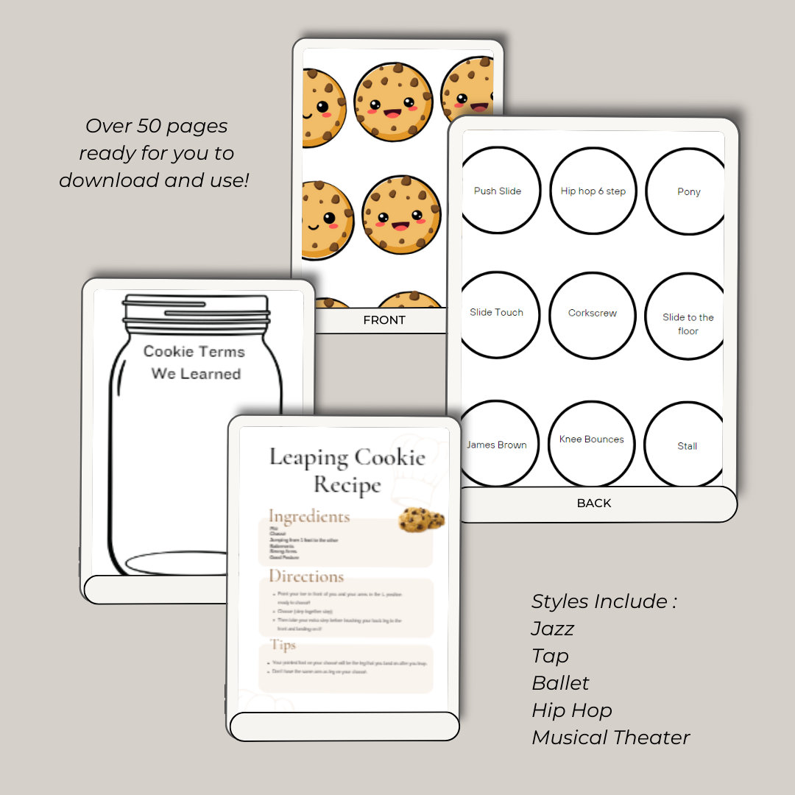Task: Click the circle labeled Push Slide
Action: click(498, 191)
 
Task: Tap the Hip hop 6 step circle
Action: click(593, 191)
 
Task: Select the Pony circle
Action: click(688, 191)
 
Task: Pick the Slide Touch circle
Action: click(497, 313)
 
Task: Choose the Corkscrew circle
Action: click(593, 314)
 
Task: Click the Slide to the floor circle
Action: click(688, 324)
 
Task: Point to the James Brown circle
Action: click(497, 445)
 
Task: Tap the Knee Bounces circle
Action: click(592, 440)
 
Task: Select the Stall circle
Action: click(687, 445)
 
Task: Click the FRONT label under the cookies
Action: click(384, 320)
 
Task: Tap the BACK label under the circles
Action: click(594, 504)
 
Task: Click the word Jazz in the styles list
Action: click(553, 629)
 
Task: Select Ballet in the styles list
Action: click(561, 683)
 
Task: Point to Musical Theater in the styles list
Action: click(611, 738)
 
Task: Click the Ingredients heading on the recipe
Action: click(308, 516)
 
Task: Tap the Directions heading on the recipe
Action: click(306, 576)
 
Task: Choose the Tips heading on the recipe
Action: click(283, 645)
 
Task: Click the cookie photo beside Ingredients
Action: click(422, 520)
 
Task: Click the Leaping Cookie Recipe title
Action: click(347, 470)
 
